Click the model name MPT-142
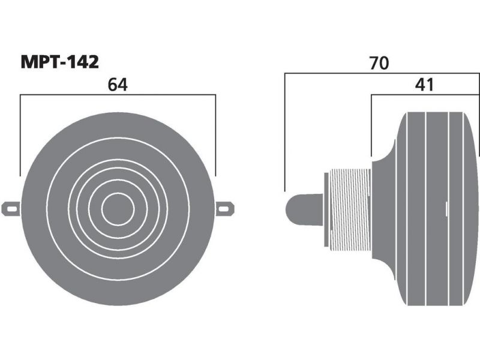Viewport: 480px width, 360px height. click(59, 62)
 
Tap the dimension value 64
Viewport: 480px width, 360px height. click(118, 85)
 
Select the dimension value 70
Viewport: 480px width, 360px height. click(379, 63)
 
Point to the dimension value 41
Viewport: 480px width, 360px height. click(424, 85)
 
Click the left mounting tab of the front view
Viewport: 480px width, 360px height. click(11, 209)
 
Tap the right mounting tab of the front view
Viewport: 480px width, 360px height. click(225, 209)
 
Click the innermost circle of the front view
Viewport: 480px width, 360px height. click(118, 209)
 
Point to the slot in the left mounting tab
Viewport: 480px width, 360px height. click(12, 209)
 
